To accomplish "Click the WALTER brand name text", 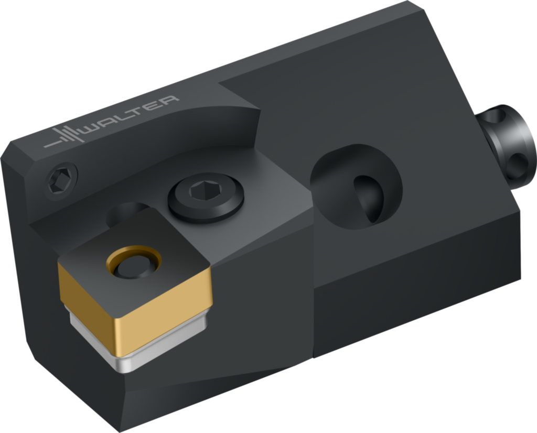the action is point(132,115).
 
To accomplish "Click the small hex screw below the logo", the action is point(61,182).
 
